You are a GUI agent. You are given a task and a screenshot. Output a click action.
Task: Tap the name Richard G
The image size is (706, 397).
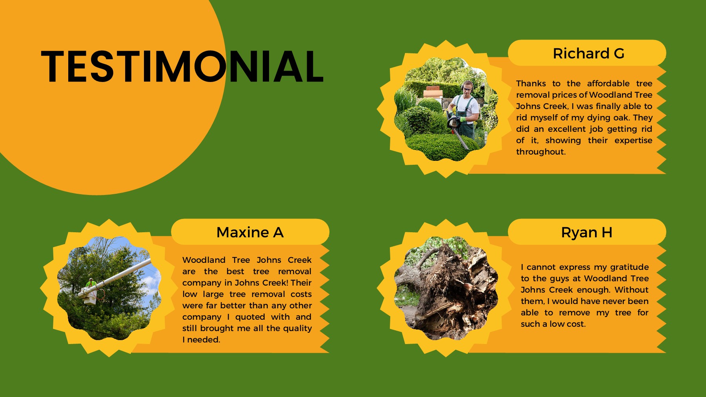(588, 53)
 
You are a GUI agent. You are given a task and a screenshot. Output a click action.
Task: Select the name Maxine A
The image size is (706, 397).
(250, 232)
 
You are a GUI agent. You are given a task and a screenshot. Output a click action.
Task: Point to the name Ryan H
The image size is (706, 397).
(586, 232)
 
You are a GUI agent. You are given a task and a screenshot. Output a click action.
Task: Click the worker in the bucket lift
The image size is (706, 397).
(91, 283)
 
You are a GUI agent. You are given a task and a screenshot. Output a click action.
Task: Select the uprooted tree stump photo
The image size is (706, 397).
(446, 288)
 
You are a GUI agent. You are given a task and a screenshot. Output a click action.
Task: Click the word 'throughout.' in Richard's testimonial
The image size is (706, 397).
(541, 152)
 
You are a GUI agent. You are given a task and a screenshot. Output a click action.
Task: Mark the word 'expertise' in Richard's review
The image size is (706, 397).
(633, 140)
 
